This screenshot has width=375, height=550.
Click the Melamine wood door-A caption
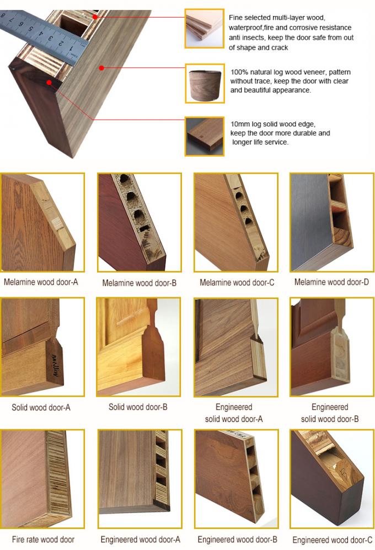coord(41,282)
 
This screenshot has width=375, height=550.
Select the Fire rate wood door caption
coord(43,539)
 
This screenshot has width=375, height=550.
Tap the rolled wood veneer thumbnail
coord(204,83)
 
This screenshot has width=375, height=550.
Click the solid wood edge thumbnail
coord(204,136)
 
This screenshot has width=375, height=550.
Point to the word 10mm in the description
coord(240,124)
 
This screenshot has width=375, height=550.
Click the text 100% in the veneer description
coord(240,72)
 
